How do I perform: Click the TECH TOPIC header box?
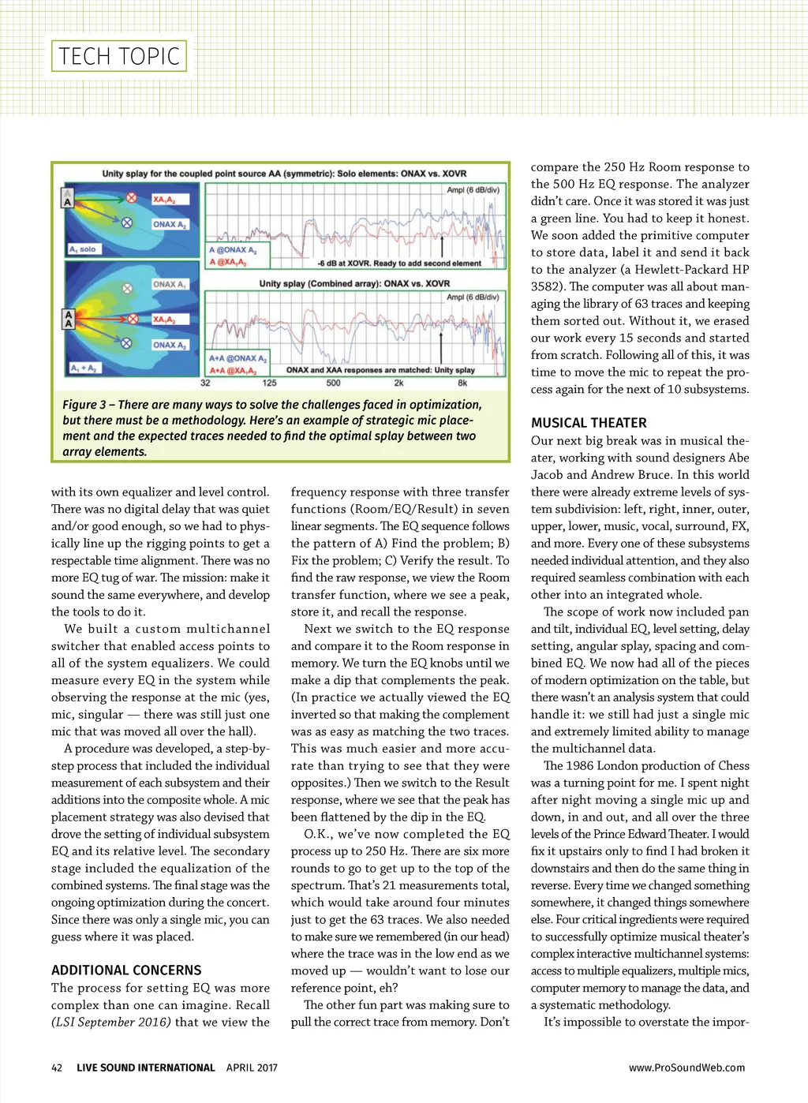(119, 56)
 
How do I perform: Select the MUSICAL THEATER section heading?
(589, 423)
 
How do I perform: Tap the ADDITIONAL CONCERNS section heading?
(126, 970)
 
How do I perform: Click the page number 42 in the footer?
(57, 1067)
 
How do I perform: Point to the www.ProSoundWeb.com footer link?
(686, 1067)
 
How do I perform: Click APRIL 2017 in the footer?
(252, 1067)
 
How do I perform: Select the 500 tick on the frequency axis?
(333, 383)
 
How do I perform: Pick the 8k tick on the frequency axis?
(462, 383)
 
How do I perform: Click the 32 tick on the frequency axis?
(205, 383)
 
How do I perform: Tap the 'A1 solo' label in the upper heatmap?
(83, 249)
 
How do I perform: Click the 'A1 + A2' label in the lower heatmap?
(83, 368)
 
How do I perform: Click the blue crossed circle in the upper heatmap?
(126, 223)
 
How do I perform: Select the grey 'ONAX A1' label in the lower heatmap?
(170, 284)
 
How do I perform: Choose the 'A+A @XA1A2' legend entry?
(234, 370)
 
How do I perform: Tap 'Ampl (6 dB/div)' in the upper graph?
(473, 190)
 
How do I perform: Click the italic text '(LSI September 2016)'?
(111, 1023)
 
